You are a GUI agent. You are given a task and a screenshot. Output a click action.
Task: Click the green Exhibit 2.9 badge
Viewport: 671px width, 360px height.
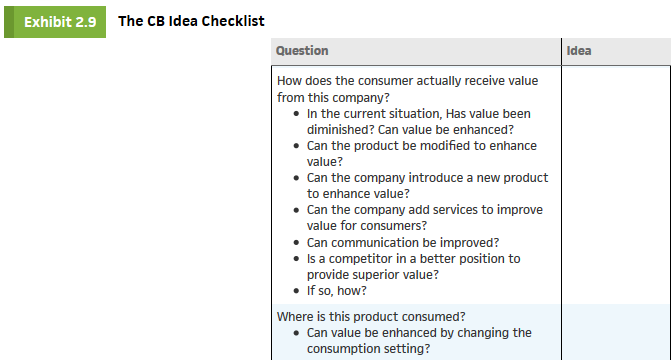click(55, 22)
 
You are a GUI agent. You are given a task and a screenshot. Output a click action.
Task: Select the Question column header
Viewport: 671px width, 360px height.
click(302, 51)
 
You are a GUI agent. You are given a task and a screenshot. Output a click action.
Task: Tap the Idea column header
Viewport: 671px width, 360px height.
click(579, 51)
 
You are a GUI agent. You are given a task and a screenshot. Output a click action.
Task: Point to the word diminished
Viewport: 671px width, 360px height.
click(340, 130)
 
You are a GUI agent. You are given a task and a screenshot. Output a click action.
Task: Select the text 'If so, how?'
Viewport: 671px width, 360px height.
click(336, 291)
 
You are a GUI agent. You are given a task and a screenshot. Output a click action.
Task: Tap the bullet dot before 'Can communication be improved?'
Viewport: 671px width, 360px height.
click(296, 243)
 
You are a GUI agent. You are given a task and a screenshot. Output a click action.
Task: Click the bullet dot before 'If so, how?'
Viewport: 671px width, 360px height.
click(296, 291)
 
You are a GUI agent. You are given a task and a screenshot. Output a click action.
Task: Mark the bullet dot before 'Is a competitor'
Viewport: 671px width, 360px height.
click(296, 259)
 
